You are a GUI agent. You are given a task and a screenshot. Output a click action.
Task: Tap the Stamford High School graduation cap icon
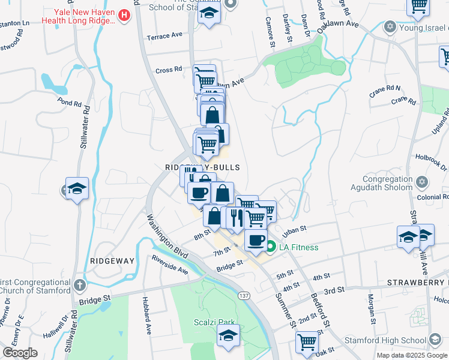click(x=433, y=340)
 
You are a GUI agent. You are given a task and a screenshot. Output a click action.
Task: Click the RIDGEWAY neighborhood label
click(x=112, y=261)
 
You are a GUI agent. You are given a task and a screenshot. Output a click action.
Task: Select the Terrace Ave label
click(x=164, y=35)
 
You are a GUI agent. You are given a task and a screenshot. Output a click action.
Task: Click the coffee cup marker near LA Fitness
click(x=255, y=240)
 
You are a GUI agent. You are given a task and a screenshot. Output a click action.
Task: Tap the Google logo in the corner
click(x=20, y=353)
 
